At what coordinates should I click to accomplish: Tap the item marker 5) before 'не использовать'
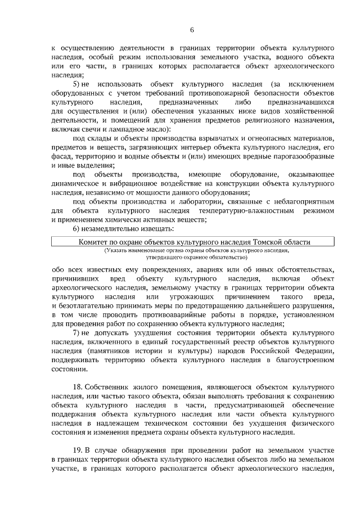(77, 84)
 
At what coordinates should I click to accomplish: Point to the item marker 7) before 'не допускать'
(77, 332)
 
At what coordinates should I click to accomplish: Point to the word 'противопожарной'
(219, 93)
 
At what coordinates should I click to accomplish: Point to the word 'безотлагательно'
(83, 305)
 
